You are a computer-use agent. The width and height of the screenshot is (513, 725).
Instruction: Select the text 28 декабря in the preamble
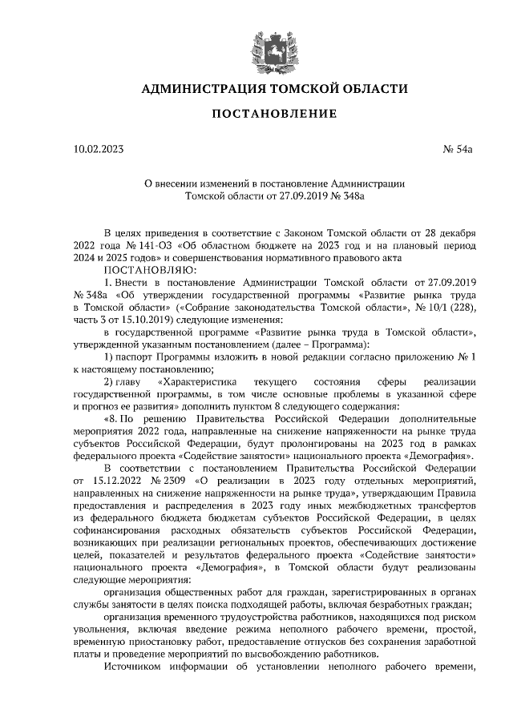[x=450, y=233]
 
